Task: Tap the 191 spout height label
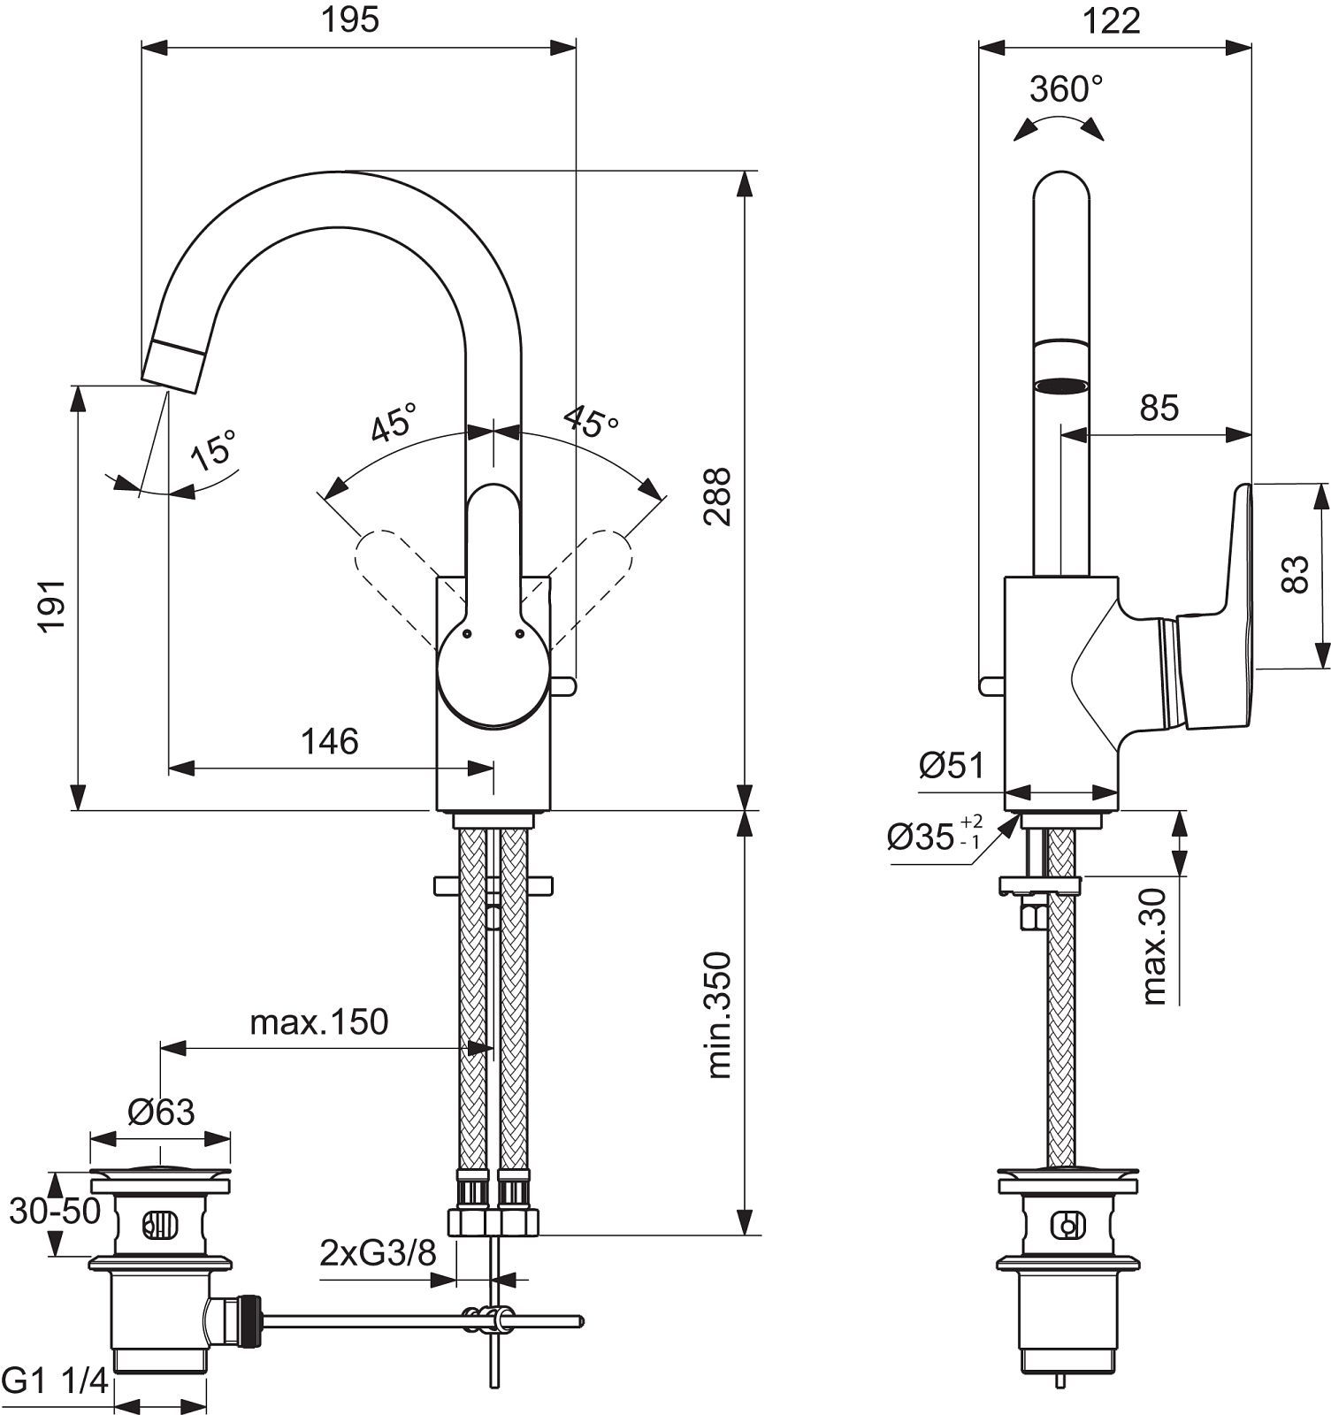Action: [x=52, y=606]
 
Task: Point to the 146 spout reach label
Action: [x=330, y=741]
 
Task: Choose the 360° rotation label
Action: [x=1067, y=88]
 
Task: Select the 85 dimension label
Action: [x=1159, y=408]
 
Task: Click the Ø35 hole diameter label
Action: [x=934, y=835]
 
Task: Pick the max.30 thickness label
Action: [x=1156, y=946]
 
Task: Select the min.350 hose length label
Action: [x=720, y=1014]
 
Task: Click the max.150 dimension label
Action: [x=319, y=1022]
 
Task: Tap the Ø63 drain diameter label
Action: [x=161, y=1111]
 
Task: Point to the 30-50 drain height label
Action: [x=55, y=1211]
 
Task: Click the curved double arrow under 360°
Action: [x=1059, y=121]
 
